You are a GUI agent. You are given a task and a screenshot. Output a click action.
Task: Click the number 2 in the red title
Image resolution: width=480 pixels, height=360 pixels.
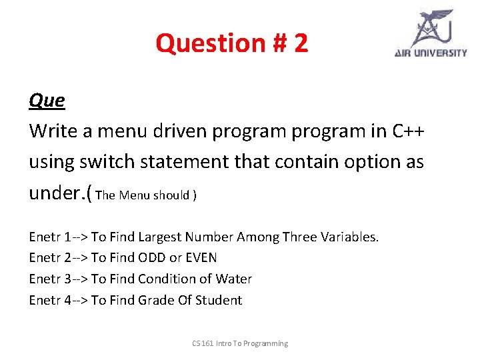tap(300, 43)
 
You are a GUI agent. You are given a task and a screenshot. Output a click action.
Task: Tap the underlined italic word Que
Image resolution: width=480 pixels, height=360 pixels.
tap(47, 101)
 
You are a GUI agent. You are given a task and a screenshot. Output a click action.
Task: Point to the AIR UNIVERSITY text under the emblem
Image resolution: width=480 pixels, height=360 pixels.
tap(431, 53)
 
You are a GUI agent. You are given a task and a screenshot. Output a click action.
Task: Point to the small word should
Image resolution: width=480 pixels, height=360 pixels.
tap(171, 195)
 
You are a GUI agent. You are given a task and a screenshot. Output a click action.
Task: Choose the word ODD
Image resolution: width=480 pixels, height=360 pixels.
tap(153, 258)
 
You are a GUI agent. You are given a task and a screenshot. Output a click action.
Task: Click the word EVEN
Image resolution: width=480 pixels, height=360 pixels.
tap(201, 258)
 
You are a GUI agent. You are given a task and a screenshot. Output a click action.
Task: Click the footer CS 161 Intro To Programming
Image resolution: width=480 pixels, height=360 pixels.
tap(240, 343)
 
